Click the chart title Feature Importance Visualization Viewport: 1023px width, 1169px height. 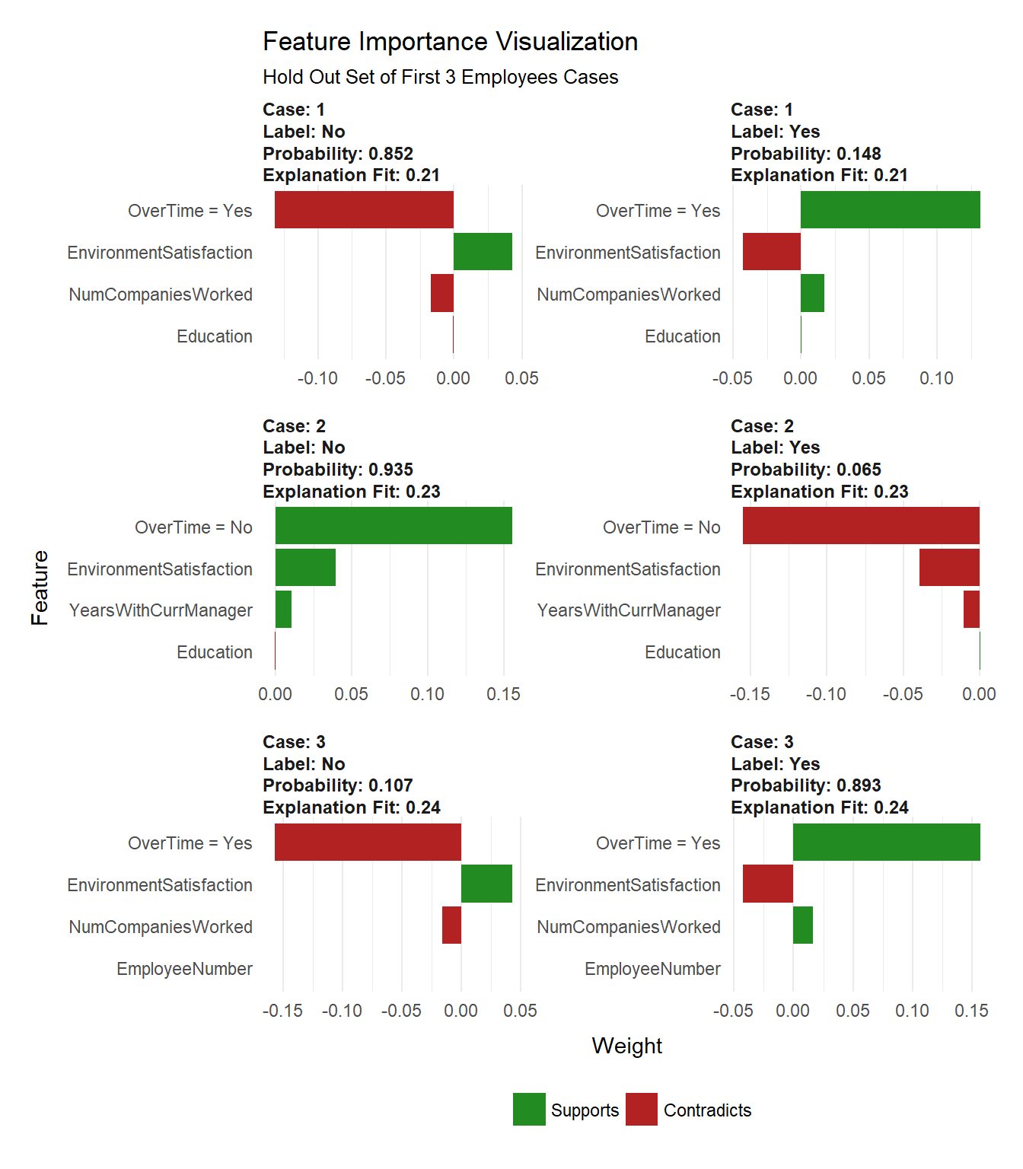[x=450, y=42]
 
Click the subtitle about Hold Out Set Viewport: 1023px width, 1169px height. [x=440, y=78]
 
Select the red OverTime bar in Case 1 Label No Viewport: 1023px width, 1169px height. [x=364, y=210]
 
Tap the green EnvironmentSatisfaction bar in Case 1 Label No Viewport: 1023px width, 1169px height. [x=483, y=252]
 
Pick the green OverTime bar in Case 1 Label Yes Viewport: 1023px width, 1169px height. [x=890, y=210]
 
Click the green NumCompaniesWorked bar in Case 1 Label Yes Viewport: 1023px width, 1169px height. [x=812, y=294]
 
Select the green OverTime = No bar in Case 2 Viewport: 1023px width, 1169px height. [x=394, y=526]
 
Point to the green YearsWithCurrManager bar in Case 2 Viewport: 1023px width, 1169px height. [x=283, y=610]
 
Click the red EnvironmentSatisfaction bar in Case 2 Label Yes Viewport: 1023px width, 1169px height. [x=949, y=568]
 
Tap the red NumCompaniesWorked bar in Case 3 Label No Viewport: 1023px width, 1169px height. [x=451, y=925]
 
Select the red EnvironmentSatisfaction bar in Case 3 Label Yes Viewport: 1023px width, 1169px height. [x=767, y=884]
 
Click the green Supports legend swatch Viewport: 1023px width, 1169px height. [x=529, y=1110]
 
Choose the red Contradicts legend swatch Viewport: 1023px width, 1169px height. [x=642, y=1110]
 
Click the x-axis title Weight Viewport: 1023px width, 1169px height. [x=626, y=1046]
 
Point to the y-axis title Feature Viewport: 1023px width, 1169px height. [x=40, y=588]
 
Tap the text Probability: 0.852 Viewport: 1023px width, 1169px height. [x=337, y=154]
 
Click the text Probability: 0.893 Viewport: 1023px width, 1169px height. [x=805, y=785]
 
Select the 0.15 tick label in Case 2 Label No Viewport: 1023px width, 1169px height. [x=503, y=694]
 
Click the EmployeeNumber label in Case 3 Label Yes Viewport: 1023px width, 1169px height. [x=652, y=969]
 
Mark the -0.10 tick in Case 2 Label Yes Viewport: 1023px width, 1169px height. [x=826, y=694]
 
